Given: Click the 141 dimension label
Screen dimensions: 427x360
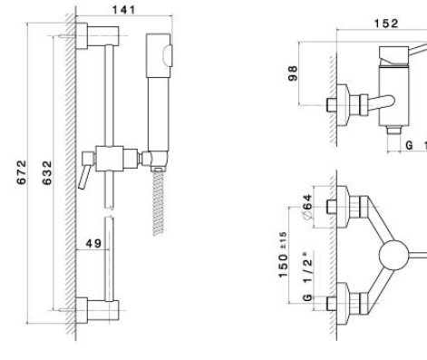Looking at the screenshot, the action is pyautogui.click(x=124, y=10).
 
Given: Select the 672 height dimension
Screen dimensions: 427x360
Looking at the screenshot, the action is pyautogui.click(x=22, y=172).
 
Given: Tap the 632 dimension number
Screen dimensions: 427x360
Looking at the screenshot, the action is pyautogui.click(x=47, y=172).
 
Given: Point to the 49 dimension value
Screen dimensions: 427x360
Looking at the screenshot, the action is pyautogui.click(x=93, y=243).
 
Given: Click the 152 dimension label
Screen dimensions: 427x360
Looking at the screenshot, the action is pyautogui.click(x=386, y=24).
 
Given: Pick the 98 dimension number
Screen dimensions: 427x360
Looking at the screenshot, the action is pyautogui.click(x=293, y=73).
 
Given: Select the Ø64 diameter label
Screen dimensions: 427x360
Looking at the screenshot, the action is pyautogui.click(x=307, y=207).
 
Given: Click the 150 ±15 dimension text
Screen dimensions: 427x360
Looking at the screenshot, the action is pyautogui.click(x=283, y=255).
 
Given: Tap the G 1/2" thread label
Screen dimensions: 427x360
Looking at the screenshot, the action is pyautogui.click(x=307, y=276).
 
